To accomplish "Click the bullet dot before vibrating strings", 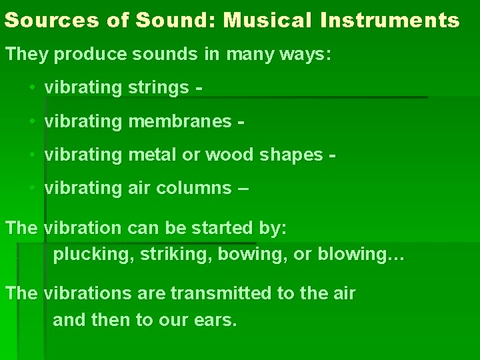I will (x=33, y=88).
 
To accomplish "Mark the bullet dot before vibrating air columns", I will (x=33, y=188).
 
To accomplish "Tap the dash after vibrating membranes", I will (x=241, y=121).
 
